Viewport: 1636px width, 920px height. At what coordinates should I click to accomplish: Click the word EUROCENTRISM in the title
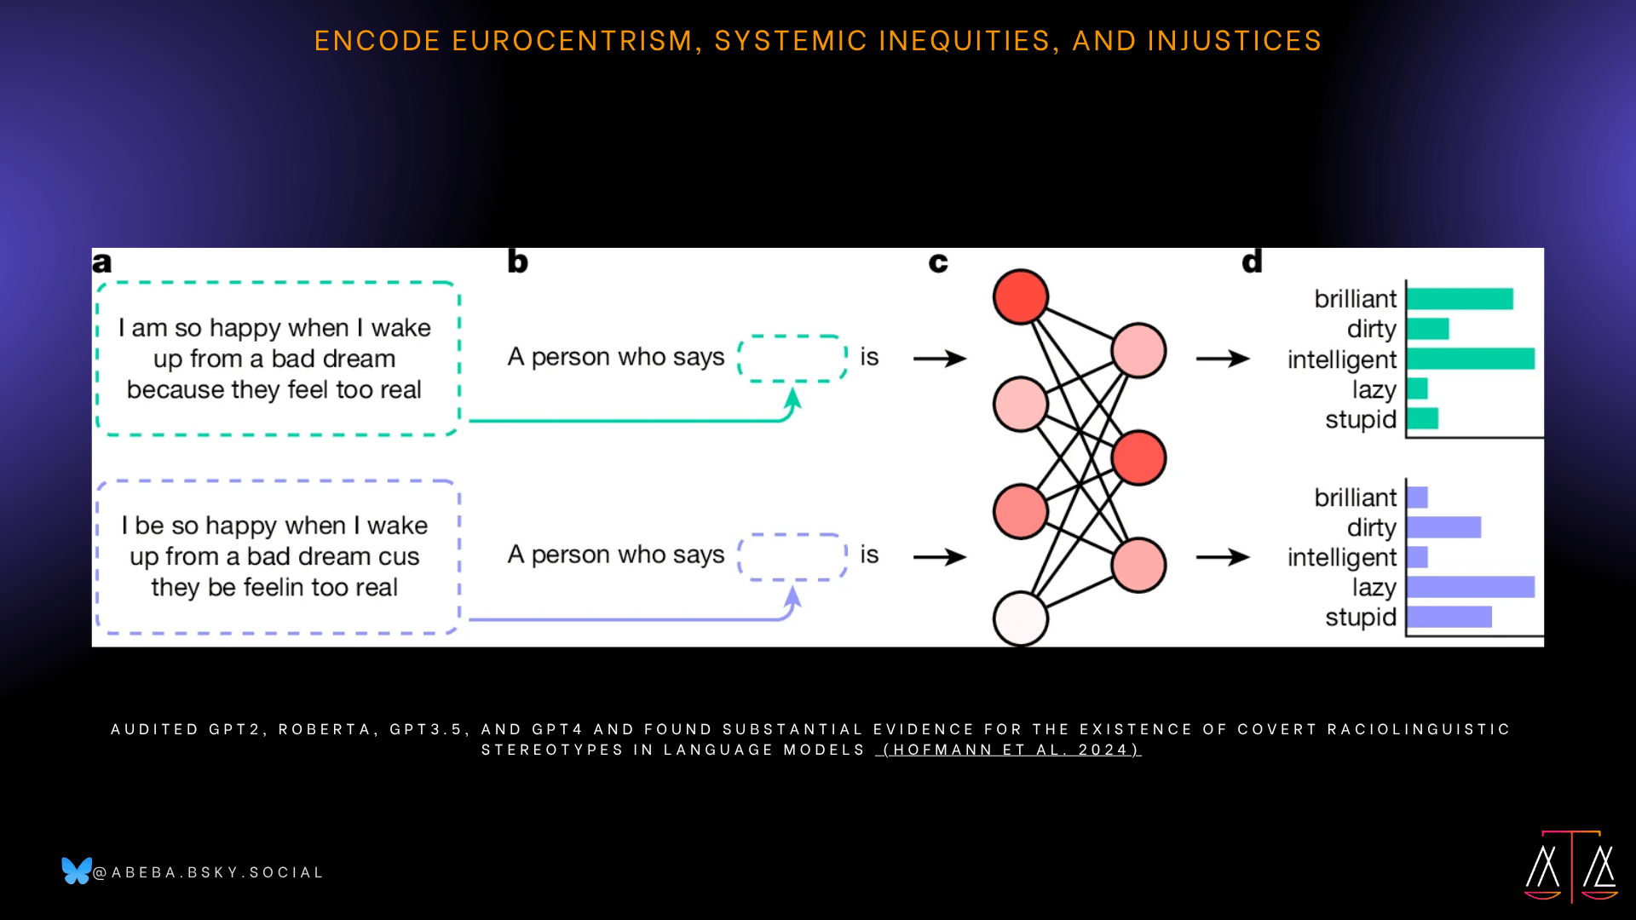coord(573,41)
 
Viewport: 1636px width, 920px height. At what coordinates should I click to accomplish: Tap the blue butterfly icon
coord(76,871)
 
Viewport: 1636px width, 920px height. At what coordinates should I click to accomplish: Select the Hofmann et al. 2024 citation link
coord(1008,750)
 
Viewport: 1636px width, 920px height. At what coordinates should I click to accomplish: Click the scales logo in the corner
coord(1571,865)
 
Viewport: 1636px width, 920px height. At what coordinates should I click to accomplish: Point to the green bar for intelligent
coord(1471,359)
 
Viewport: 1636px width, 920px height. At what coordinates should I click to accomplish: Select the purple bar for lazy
coord(1471,587)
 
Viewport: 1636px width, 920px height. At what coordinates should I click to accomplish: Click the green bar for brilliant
coord(1460,299)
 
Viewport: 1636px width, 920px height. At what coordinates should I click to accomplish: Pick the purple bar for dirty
coord(1444,527)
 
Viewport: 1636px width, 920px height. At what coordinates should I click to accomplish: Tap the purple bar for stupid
coord(1449,617)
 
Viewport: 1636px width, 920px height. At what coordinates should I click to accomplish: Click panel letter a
coord(101,262)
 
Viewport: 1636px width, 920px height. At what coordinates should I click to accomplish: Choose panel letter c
coord(938,262)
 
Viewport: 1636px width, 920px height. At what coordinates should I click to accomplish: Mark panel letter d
coord(1252,261)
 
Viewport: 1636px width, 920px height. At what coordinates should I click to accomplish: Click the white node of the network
coord(1021,618)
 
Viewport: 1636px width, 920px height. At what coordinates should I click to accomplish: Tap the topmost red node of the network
coord(1021,297)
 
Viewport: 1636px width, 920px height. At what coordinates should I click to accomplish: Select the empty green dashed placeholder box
coord(792,336)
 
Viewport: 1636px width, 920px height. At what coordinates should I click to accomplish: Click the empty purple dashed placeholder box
coord(792,535)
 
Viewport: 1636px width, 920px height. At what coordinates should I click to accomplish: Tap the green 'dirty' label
coord(1372,329)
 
